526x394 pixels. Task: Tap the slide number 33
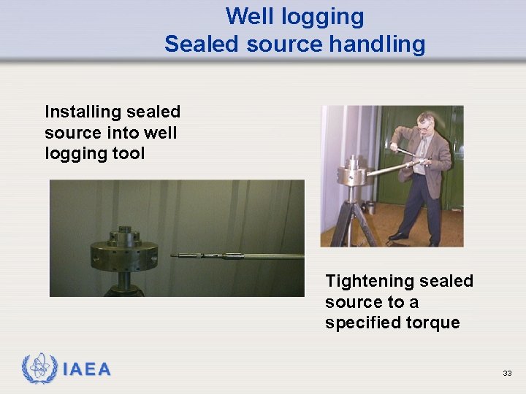click(507, 373)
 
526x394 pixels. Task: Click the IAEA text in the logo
click(87, 370)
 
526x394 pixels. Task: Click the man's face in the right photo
click(424, 125)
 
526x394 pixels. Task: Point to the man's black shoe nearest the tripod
click(399, 236)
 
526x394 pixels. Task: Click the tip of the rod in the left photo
click(173, 255)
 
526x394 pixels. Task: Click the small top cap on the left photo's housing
click(125, 233)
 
